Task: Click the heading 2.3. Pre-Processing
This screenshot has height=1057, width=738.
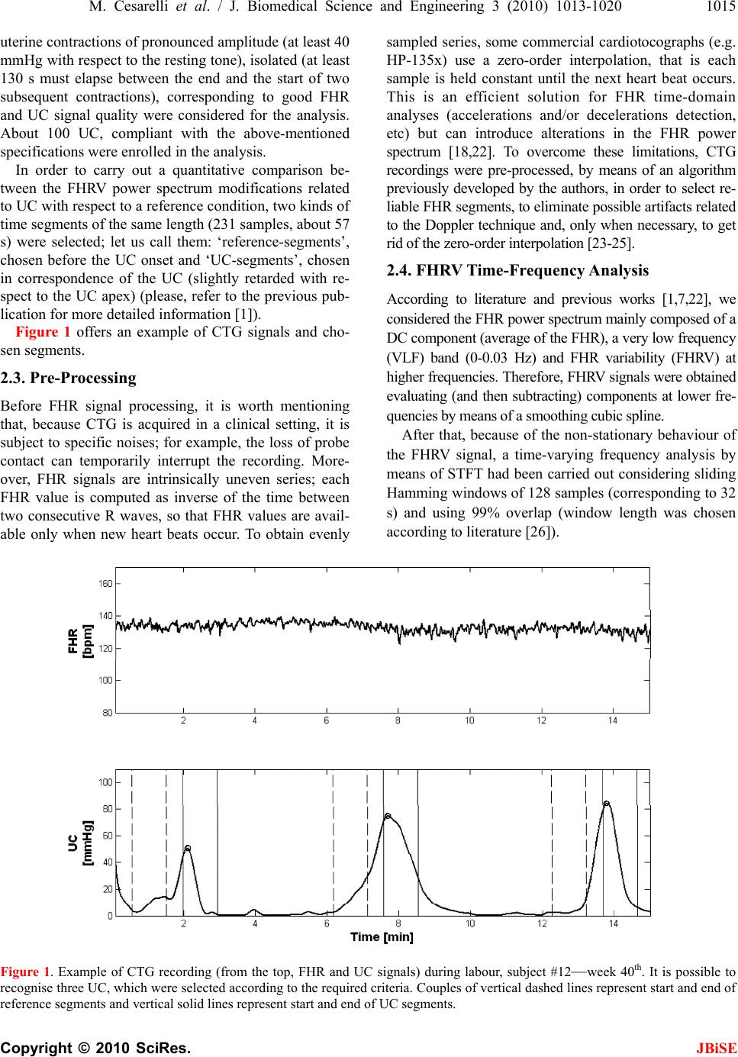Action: tap(69, 378)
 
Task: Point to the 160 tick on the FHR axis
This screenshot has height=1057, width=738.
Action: tap(105, 584)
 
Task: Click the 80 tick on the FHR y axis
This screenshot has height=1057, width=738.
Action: tap(107, 713)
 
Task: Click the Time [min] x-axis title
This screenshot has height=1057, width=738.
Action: tap(382, 936)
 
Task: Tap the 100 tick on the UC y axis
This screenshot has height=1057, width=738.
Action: tap(105, 782)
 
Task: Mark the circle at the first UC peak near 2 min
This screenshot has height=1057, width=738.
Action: tap(187, 848)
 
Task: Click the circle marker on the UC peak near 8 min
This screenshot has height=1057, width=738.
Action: tap(388, 816)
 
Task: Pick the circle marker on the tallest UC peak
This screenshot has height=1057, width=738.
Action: tap(607, 804)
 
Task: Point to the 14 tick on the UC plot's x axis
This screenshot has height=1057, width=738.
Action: tap(614, 923)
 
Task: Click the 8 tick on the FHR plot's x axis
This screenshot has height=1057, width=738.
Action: tap(398, 721)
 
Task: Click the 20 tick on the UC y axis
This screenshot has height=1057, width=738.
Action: tap(107, 889)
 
